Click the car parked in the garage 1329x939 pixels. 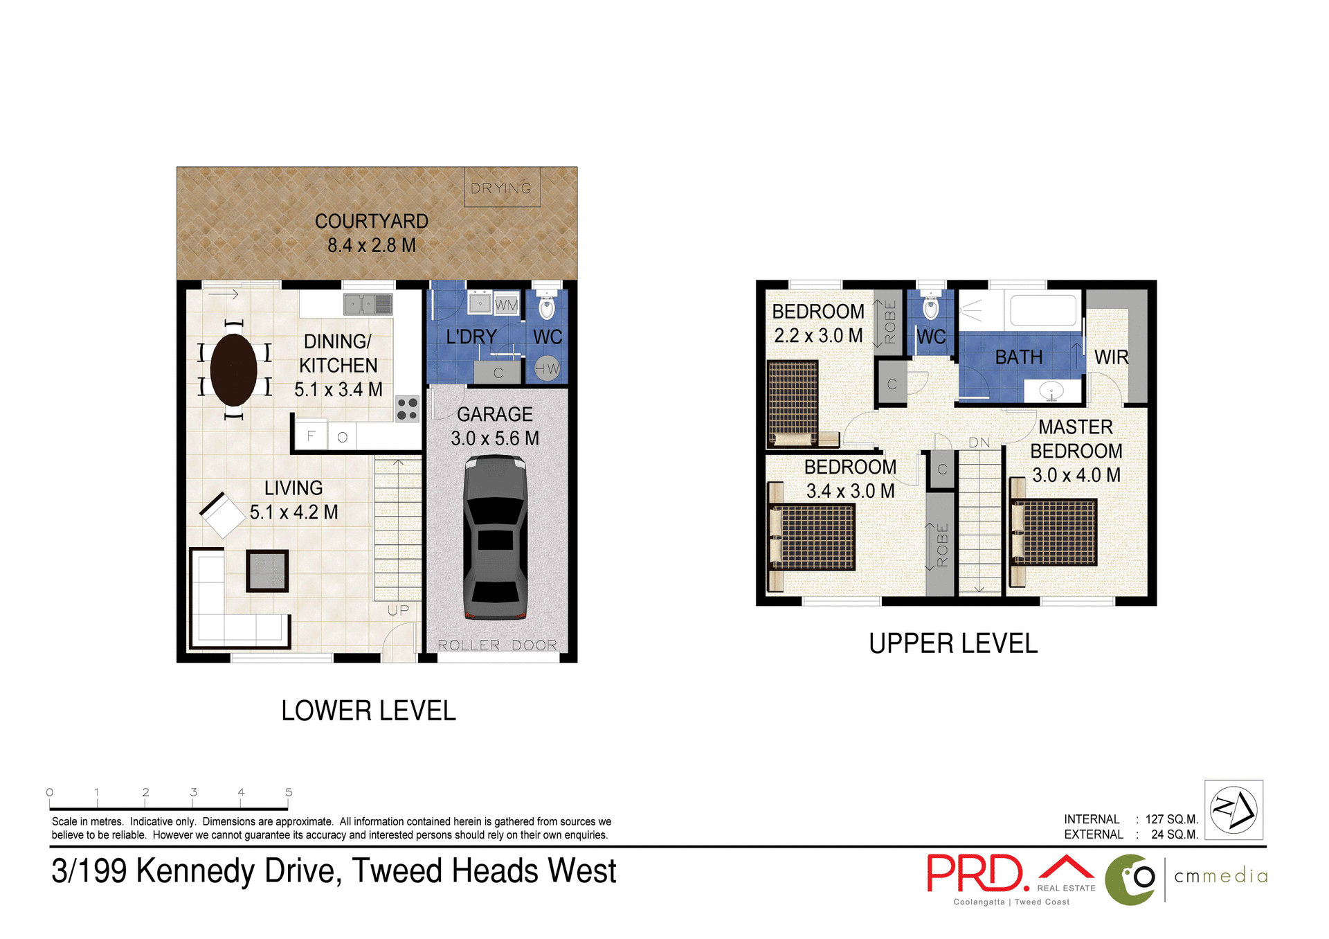(x=495, y=537)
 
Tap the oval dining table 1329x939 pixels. (x=233, y=370)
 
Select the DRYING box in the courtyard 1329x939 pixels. (x=502, y=188)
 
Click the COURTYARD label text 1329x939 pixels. (x=372, y=222)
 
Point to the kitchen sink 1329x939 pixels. (x=368, y=304)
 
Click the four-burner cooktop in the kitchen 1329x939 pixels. (x=407, y=409)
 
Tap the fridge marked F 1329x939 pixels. (x=311, y=436)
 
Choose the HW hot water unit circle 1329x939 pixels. (x=547, y=369)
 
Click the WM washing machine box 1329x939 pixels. (x=506, y=305)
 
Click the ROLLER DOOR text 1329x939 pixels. (x=497, y=645)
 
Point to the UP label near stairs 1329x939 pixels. (x=398, y=610)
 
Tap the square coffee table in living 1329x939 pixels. (x=267, y=571)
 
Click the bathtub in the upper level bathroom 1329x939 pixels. (x=1043, y=310)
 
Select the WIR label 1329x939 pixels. (x=1111, y=357)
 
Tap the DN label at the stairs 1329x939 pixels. (x=979, y=442)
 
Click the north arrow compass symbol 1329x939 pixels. (x=1233, y=810)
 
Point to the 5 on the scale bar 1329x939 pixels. (x=289, y=792)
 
